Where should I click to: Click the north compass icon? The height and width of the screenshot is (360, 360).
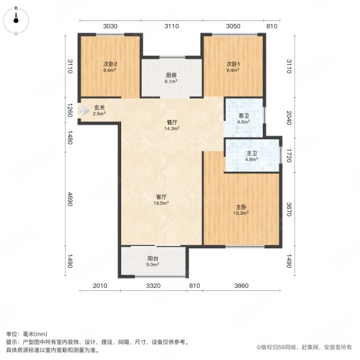(x=16, y=22)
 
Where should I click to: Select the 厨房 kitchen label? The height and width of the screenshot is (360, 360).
(x=171, y=76)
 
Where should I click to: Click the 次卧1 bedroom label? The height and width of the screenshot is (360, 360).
(x=233, y=64)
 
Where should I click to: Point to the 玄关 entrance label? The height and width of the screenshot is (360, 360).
(x=99, y=109)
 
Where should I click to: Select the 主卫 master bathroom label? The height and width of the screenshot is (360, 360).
(x=251, y=154)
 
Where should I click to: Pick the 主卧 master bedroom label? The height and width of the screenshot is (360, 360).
(x=241, y=208)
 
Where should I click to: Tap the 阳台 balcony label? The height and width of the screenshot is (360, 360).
(x=153, y=259)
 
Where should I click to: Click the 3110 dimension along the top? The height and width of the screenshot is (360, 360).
(x=172, y=26)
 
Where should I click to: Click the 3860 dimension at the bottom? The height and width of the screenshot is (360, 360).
(x=241, y=286)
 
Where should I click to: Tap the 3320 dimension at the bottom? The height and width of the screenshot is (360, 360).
(x=153, y=286)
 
